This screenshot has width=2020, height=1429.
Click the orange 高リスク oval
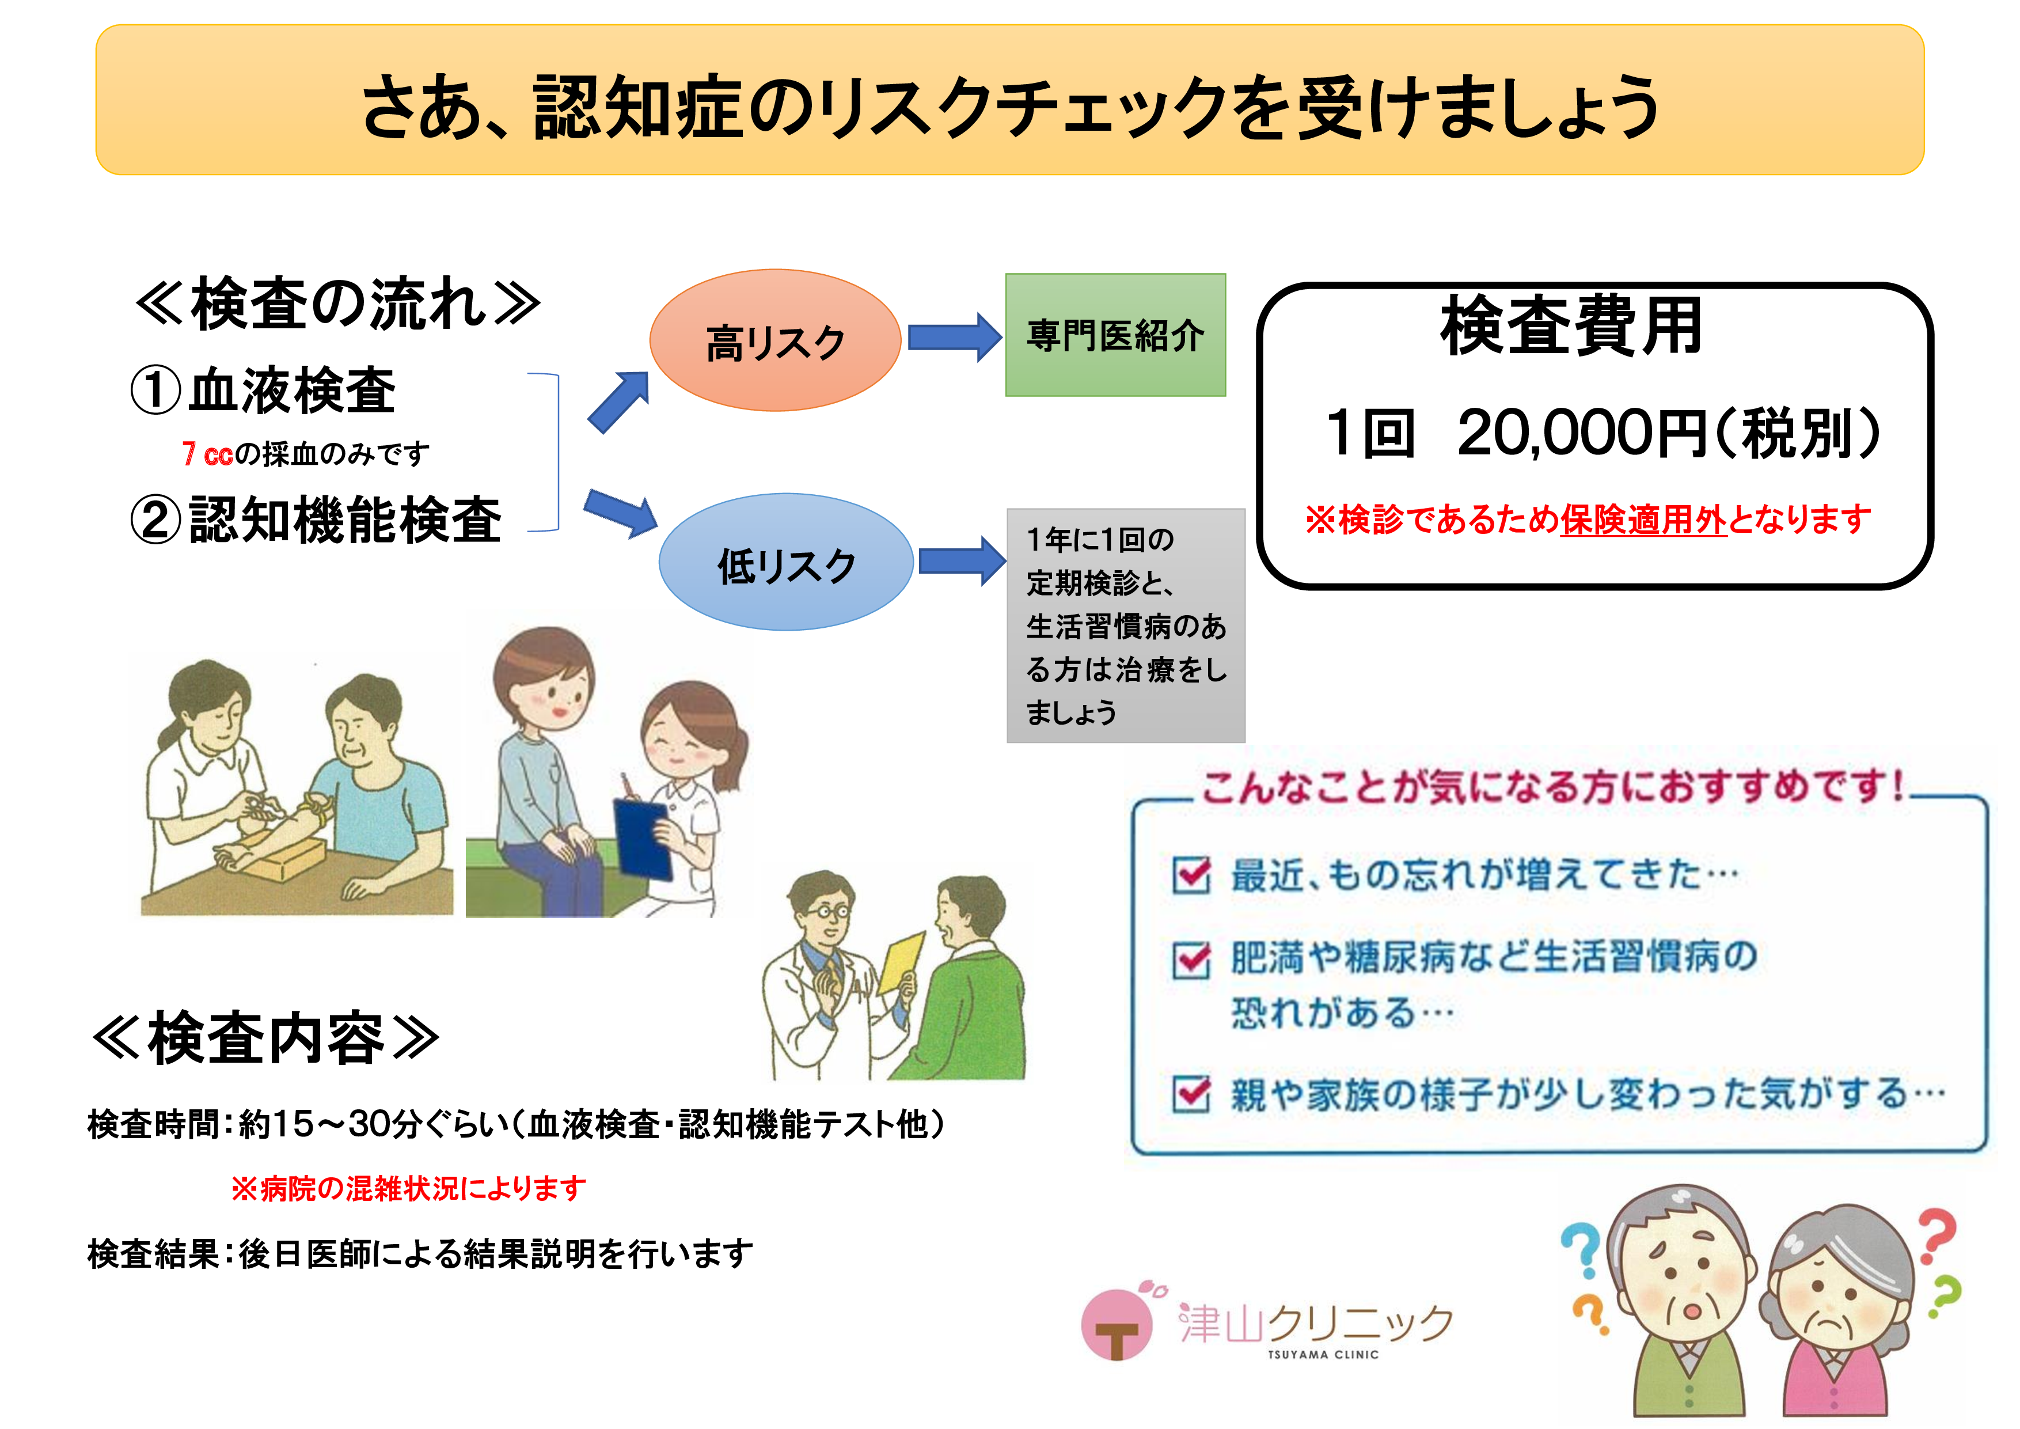coord(775,340)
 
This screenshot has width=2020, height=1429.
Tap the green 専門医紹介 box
coord(1115,335)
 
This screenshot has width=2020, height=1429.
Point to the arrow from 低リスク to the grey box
coord(962,560)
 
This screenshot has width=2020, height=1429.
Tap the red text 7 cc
coord(208,454)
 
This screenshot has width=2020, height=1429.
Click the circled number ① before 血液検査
coord(155,390)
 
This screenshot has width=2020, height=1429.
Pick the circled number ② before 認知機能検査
coord(155,518)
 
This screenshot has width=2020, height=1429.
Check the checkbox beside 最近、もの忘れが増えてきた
coord(1192,875)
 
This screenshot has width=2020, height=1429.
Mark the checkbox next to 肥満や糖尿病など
coord(1192,959)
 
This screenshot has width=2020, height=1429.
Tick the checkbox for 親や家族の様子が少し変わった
coord(1192,1094)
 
